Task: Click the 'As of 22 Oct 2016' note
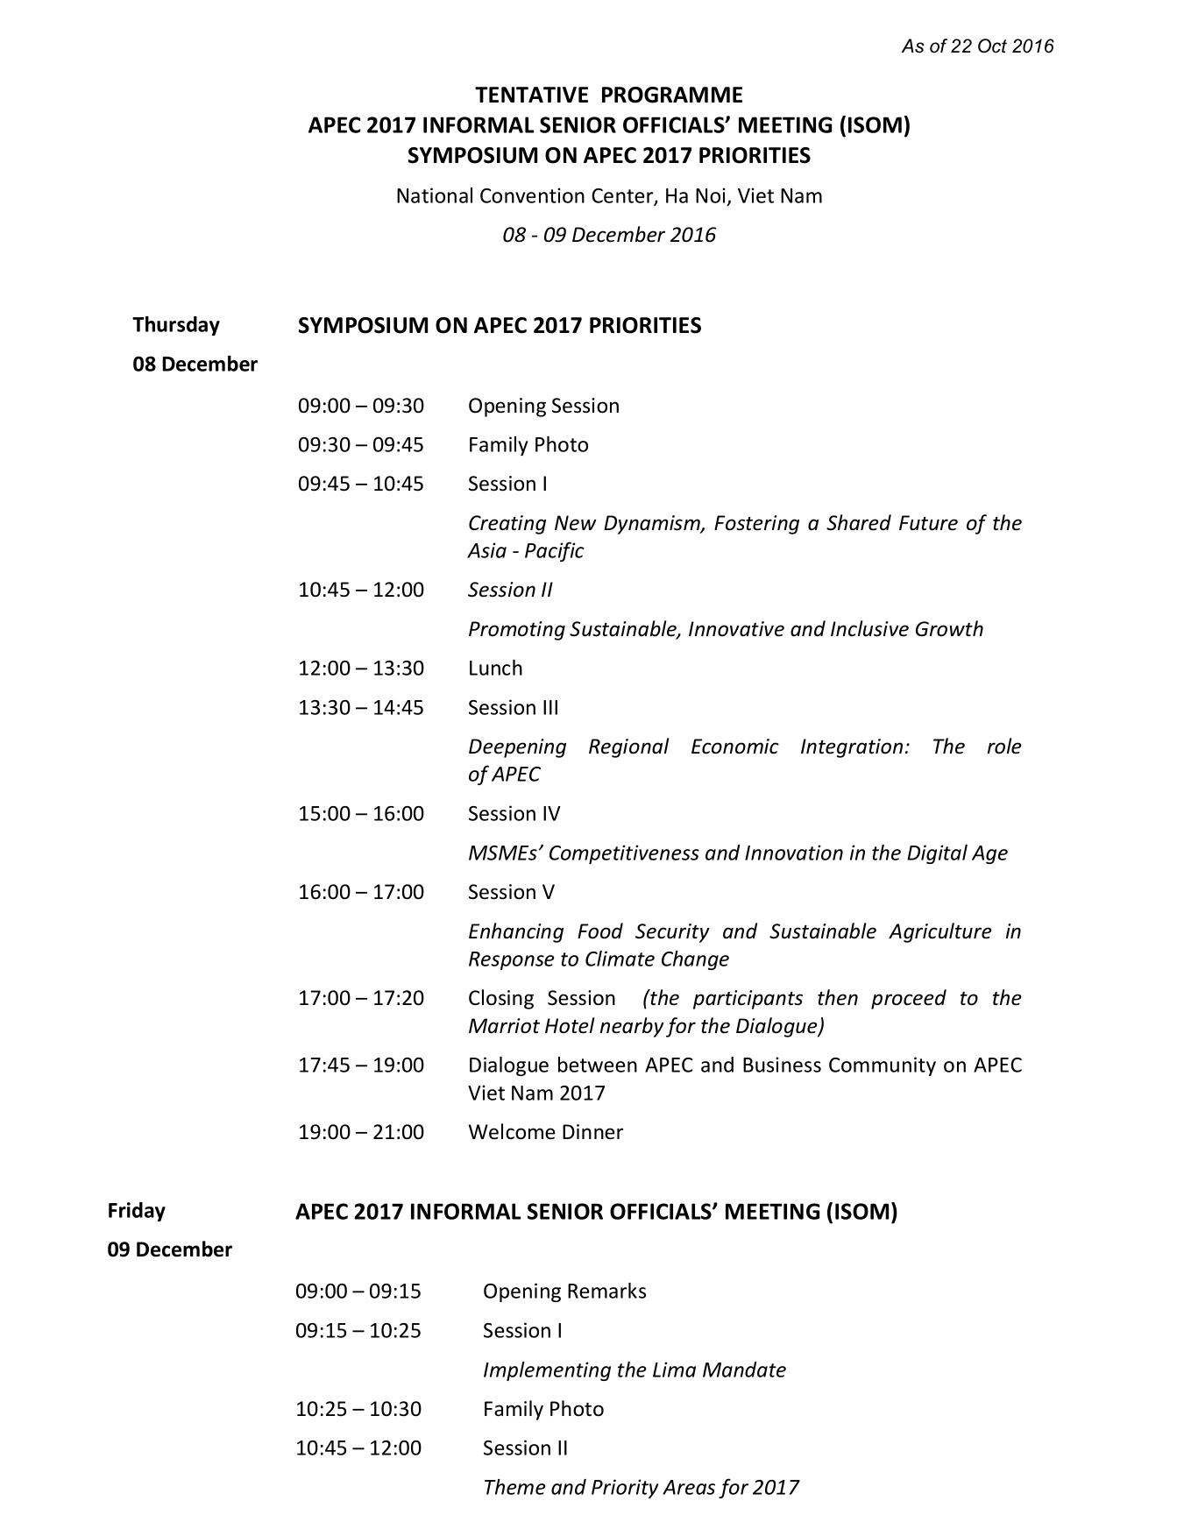[x=977, y=46]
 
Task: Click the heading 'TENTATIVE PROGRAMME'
[x=609, y=95]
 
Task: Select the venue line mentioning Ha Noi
[x=609, y=195]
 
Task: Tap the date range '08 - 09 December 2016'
[x=609, y=235]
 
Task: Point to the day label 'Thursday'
[x=176, y=325]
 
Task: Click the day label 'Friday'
[x=137, y=1210]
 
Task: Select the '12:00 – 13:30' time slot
[x=361, y=669]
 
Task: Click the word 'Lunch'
[x=495, y=669]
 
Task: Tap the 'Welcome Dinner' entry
[x=545, y=1132]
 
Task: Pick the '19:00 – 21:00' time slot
[x=361, y=1132]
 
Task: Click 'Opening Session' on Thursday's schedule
[x=543, y=406]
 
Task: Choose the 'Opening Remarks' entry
[x=564, y=1292]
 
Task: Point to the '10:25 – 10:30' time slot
[x=358, y=1409]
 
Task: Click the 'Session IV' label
[x=514, y=814]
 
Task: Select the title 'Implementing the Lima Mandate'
[x=635, y=1370]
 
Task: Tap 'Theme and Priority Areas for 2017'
[x=641, y=1487]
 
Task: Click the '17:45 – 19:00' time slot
[x=361, y=1065]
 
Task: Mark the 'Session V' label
[x=511, y=892]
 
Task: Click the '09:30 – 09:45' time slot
[x=361, y=445]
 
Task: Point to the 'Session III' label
[x=513, y=708]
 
